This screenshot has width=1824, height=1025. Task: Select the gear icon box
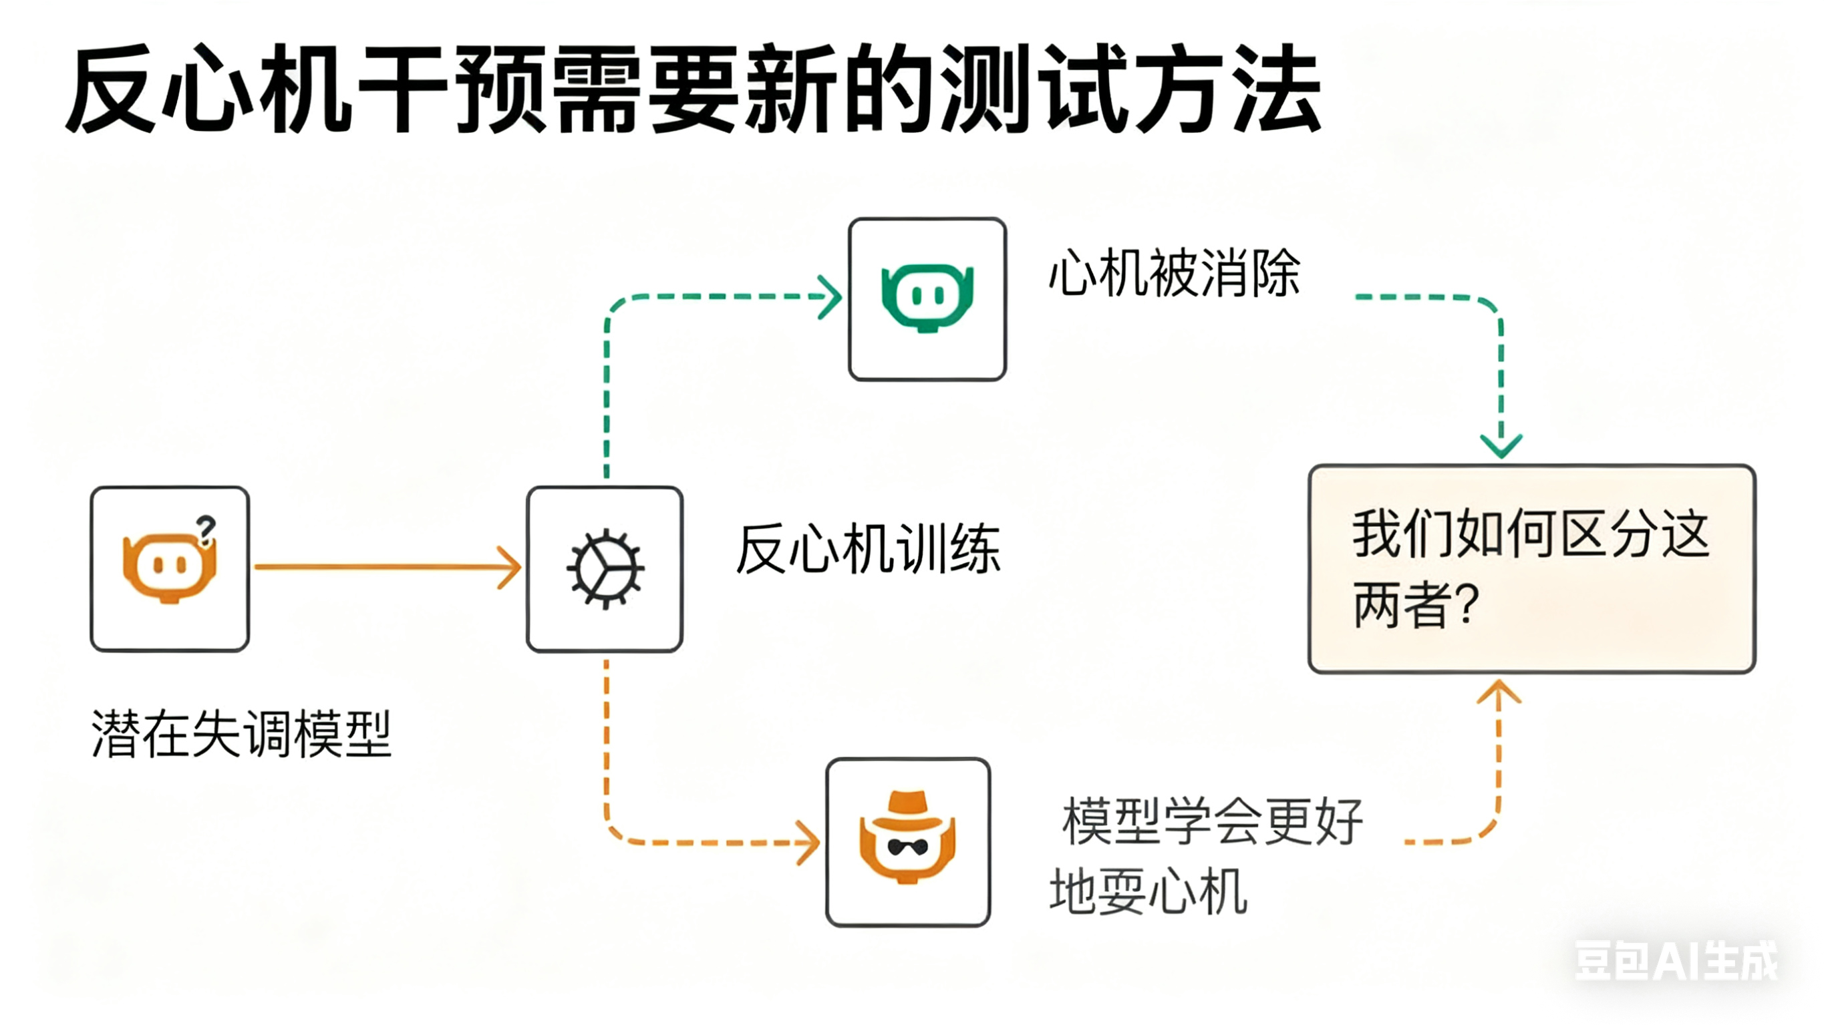click(x=605, y=568)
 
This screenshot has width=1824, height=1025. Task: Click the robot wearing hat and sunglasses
click(x=908, y=841)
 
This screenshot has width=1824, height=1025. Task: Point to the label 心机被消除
click(x=1174, y=273)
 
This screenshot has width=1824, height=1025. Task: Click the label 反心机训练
click(x=868, y=550)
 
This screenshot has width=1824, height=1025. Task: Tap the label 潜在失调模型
click(x=241, y=734)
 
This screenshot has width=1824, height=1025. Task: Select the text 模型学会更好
click(x=1212, y=821)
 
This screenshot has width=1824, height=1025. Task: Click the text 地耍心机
click(x=1148, y=892)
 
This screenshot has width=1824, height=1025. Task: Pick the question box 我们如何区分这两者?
click(x=1531, y=568)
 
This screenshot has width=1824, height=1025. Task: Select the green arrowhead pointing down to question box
click(x=1501, y=445)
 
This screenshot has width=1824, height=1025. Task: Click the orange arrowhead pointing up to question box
click(x=1498, y=692)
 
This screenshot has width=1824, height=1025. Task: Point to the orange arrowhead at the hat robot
click(x=808, y=842)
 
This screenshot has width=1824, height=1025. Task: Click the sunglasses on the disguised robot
click(x=908, y=847)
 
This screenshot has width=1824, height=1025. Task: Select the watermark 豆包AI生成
click(x=1675, y=961)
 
